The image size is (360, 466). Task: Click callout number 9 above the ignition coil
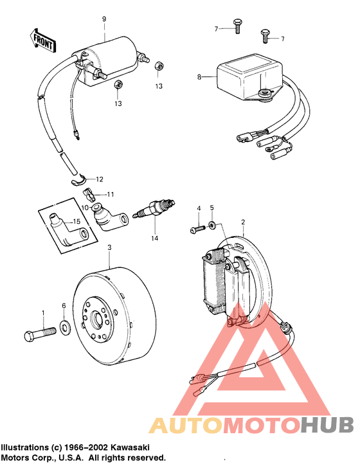(x=104, y=19)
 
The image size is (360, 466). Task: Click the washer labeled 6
(x=65, y=326)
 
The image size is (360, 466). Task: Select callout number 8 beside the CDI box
(x=199, y=77)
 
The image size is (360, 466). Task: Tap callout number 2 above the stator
(x=242, y=222)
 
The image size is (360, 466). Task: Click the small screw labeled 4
(x=196, y=228)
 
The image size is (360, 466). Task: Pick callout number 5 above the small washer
(x=212, y=208)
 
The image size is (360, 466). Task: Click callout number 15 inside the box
(x=76, y=222)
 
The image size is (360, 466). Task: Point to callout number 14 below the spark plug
(x=154, y=238)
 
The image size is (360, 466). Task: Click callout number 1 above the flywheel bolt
(x=44, y=312)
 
